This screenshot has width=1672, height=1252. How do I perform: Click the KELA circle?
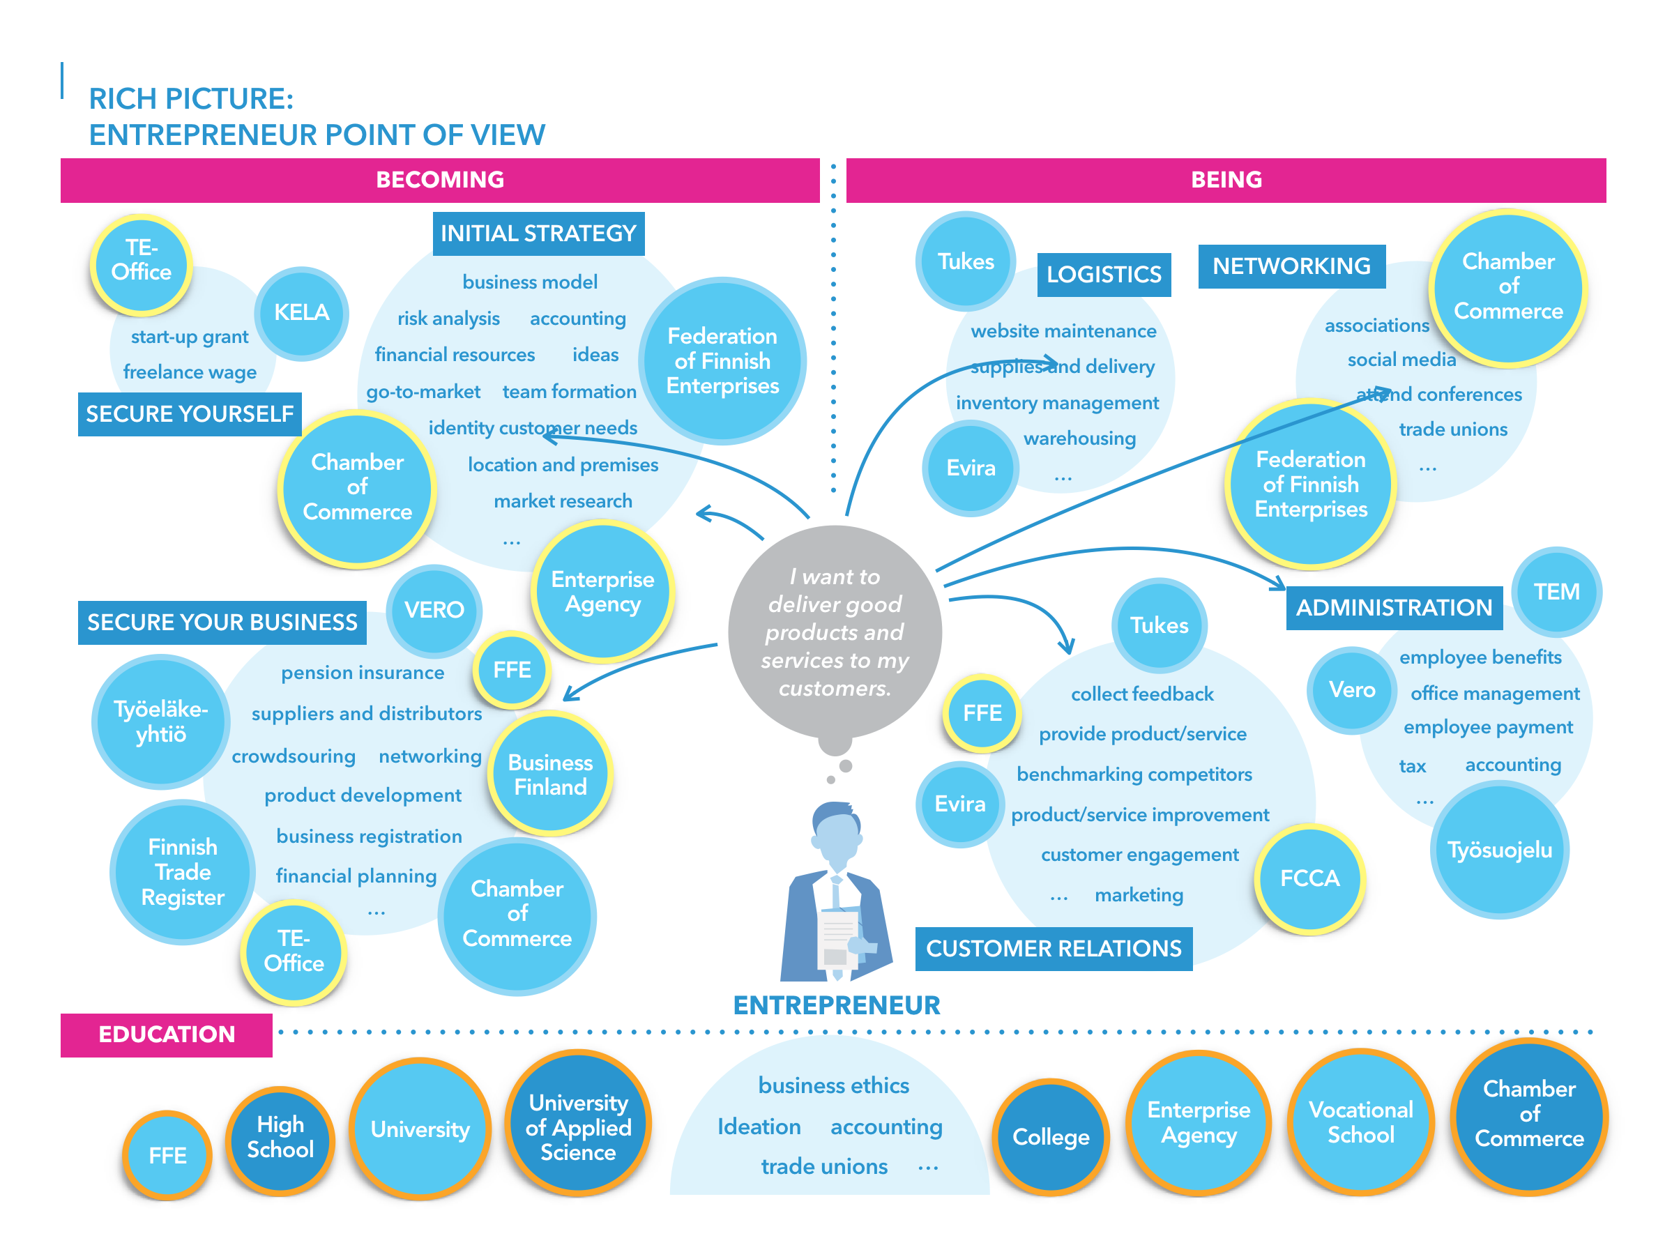coord(302,313)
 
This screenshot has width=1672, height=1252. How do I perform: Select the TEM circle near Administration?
coord(1556,592)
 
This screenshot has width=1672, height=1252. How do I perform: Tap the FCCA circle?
coord(1309,878)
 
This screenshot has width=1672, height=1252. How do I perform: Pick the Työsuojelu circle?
coord(1499,850)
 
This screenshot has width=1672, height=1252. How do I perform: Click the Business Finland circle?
coord(550,774)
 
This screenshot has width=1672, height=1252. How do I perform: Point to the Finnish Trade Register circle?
coord(182,872)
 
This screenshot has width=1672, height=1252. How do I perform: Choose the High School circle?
coord(280,1137)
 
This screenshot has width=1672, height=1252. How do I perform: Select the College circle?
coord(1051,1137)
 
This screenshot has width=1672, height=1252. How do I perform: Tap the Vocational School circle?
coord(1360,1122)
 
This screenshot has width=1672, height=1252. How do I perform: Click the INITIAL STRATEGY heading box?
coord(538,234)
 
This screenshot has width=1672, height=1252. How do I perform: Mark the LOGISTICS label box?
coord(1104,274)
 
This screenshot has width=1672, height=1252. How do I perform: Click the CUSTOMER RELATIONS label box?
coord(1054,948)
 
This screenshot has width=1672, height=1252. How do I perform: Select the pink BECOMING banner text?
coord(440,180)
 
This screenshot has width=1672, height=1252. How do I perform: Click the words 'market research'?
coord(563,501)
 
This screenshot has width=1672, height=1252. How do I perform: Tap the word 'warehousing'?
coord(1079,438)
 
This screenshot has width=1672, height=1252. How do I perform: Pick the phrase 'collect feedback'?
coord(1142,694)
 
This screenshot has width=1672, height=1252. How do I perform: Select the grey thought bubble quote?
coord(835,632)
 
